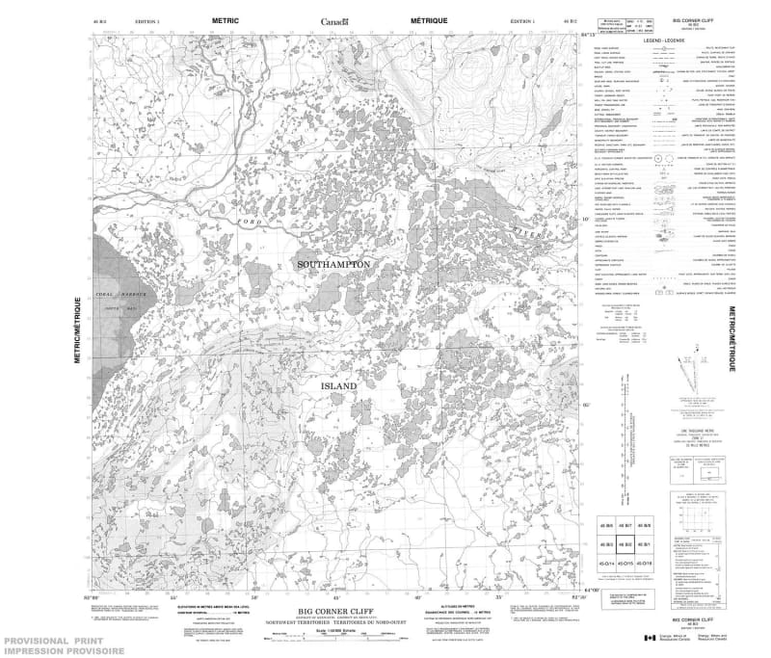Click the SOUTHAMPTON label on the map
point(333,236)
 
